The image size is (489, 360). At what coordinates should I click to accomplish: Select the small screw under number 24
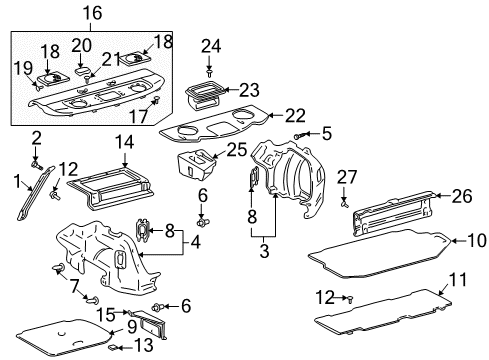209,72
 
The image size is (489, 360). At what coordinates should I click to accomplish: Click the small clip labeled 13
116,347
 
